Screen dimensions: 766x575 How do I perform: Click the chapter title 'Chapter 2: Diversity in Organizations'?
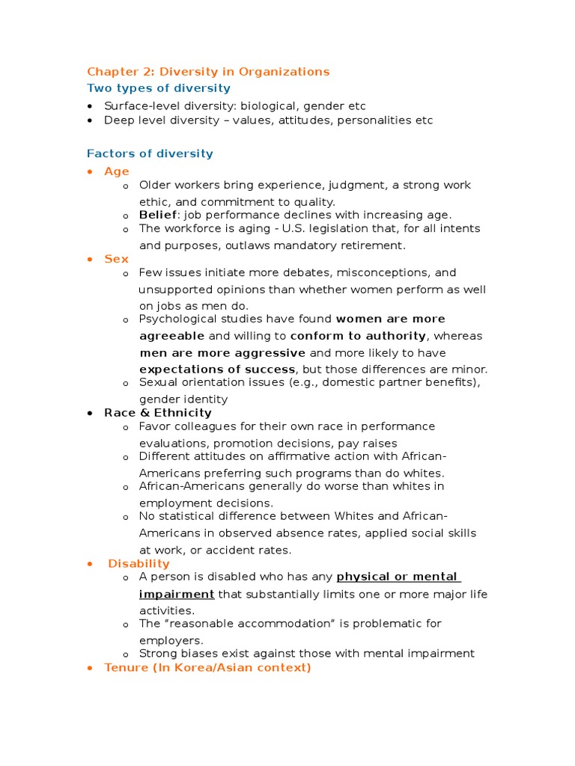pyautogui.click(x=208, y=72)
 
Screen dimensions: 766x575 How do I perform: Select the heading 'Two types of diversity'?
pyautogui.click(x=148, y=88)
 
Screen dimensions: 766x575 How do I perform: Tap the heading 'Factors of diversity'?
pyautogui.click(x=150, y=153)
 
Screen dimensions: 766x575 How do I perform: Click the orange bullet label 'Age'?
pyautogui.click(x=117, y=171)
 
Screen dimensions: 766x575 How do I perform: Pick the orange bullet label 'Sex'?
pyautogui.click(x=116, y=259)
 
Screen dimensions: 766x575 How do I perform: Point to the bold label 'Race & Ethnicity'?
pyautogui.click(x=158, y=413)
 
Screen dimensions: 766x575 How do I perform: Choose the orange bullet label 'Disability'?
pyautogui.click(x=139, y=563)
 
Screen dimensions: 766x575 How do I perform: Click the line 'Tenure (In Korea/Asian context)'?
pyautogui.click(x=207, y=667)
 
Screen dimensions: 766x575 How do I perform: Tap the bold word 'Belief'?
pyautogui.click(x=158, y=215)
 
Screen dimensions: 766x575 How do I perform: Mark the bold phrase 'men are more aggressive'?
pyautogui.click(x=222, y=353)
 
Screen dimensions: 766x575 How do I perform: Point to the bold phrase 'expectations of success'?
pyautogui.click(x=217, y=370)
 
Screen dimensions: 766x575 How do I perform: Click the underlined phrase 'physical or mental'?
pyautogui.click(x=397, y=577)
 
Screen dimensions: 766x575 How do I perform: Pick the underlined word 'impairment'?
pyautogui.click(x=177, y=594)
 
